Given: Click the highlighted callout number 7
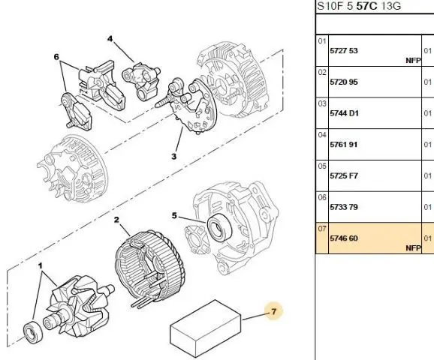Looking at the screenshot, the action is pos(274,311).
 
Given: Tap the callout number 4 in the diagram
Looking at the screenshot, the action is pos(110,39).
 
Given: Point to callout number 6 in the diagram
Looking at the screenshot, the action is pos(56,57).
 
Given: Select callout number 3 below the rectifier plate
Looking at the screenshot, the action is pos(173,157).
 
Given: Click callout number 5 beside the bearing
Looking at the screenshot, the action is pos(174,215).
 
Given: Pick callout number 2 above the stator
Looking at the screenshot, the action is pos(116,220).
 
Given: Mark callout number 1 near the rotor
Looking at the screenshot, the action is pos(41,266).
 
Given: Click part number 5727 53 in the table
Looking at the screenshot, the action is pos(344,51).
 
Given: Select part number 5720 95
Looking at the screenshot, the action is pos(344,82).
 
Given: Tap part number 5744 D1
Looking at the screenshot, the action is pos(344,113).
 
